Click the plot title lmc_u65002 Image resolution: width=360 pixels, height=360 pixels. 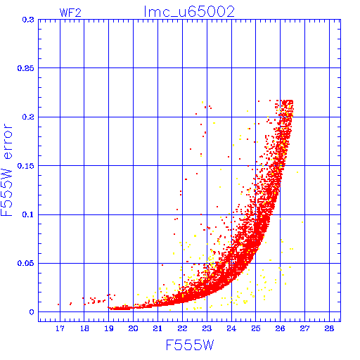click(x=189, y=12)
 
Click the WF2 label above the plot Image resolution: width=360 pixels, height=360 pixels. click(x=70, y=13)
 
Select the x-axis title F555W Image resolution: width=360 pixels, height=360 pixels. click(x=190, y=345)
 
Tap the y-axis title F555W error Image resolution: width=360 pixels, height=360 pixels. click(x=6, y=169)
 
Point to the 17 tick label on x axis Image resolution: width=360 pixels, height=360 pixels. click(x=60, y=328)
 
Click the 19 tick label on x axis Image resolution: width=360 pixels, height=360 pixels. click(x=109, y=328)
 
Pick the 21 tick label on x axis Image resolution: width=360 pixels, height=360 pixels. click(x=157, y=328)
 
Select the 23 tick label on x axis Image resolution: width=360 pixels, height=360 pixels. click(x=207, y=328)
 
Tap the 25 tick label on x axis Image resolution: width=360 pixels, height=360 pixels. click(x=256, y=328)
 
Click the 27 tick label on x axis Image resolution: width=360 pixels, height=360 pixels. click(x=304, y=328)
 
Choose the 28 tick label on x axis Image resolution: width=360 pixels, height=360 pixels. click(x=329, y=328)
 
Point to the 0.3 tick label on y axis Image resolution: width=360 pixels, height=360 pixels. click(x=28, y=20)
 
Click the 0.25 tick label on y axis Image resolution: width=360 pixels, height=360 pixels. click(x=26, y=68)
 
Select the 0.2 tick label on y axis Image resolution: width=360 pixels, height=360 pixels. click(x=28, y=117)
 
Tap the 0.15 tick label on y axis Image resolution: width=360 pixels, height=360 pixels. click(x=26, y=166)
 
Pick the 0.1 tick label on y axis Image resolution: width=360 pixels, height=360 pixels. click(x=28, y=214)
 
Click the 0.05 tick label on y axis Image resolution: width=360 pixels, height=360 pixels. click(x=26, y=263)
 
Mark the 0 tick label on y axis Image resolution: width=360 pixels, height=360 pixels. click(x=32, y=312)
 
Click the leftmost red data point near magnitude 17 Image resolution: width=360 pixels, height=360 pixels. click(x=58, y=304)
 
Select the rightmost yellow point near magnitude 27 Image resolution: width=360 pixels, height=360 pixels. click(x=302, y=222)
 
